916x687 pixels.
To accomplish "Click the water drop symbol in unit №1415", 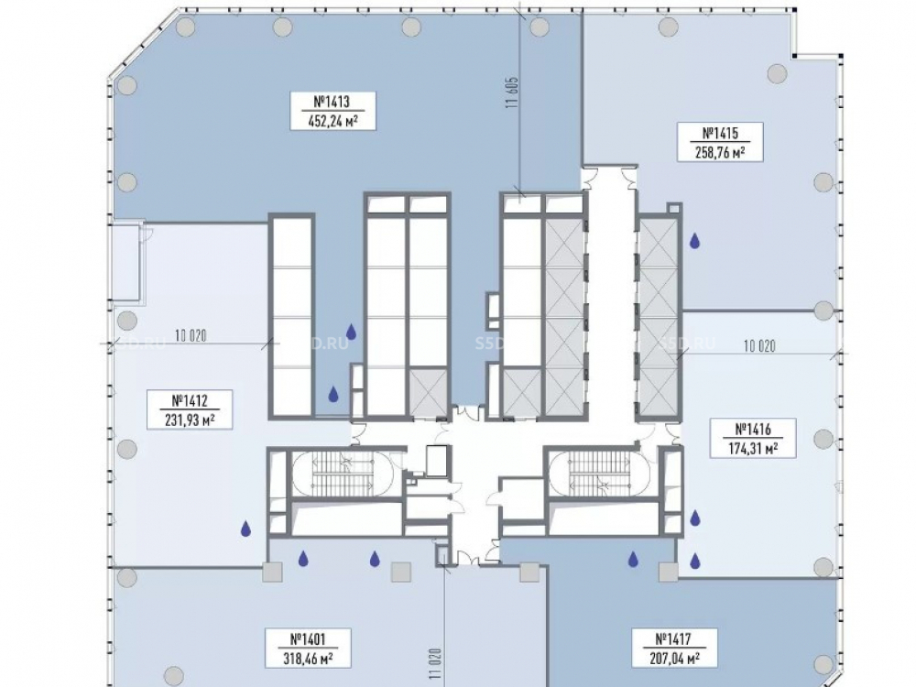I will coord(695,242).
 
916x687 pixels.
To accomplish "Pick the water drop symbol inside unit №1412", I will coord(245,528).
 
